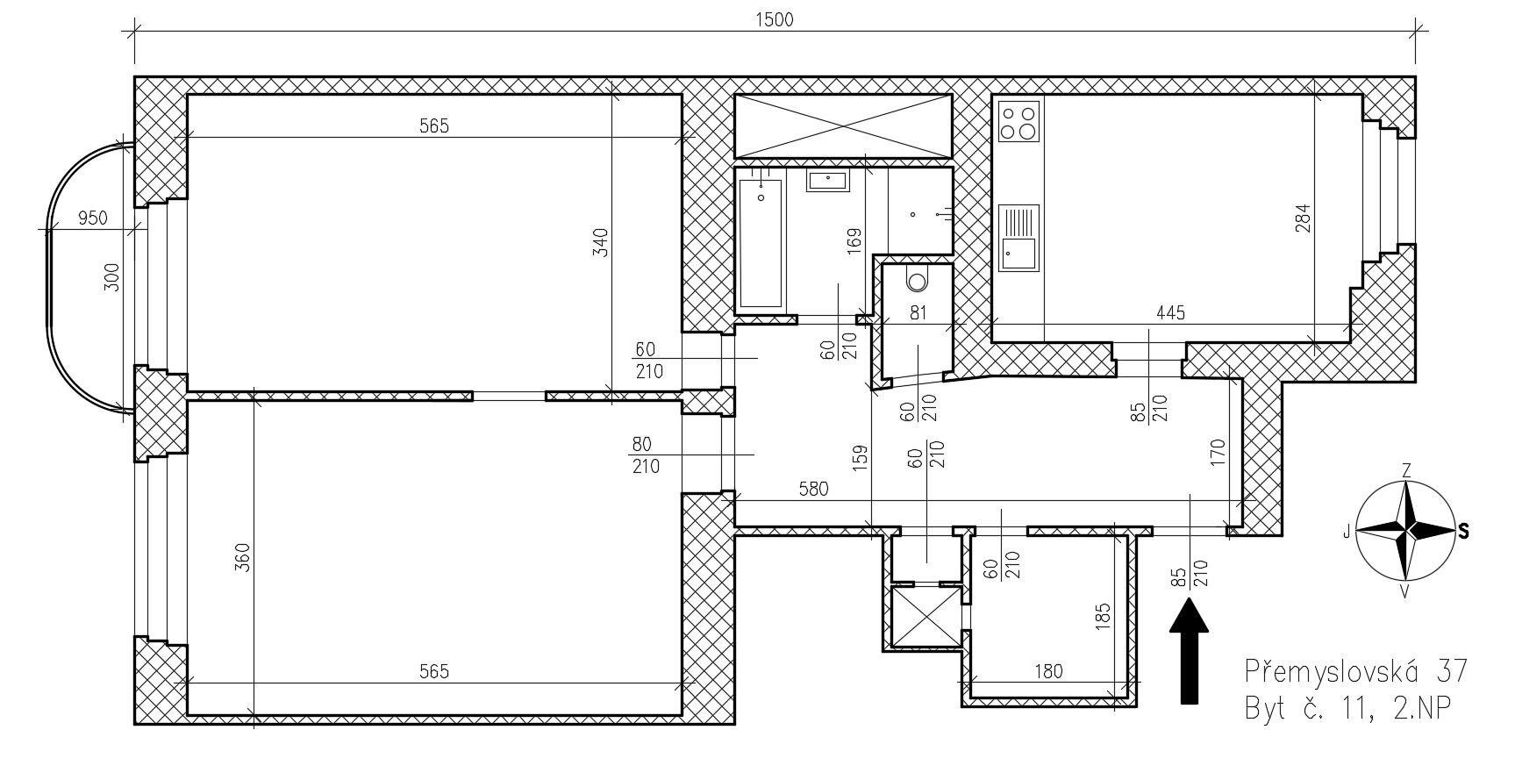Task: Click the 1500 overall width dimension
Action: [774, 19]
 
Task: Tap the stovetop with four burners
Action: [1018, 121]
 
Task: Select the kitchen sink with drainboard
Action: [1018, 237]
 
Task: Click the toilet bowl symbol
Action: [918, 280]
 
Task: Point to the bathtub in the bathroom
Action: [761, 243]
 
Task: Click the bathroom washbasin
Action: [827, 181]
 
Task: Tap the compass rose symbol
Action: [1406, 531]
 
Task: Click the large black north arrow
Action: [1189, 650]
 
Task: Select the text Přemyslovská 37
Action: [1355, 671]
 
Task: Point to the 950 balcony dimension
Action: [92, 218]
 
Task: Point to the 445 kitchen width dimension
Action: [1170, 312]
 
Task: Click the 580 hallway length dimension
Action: [814, 489]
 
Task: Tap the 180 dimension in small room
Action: [1048, 672]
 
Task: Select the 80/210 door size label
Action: [647, 455]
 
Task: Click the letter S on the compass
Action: [1463, 530]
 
